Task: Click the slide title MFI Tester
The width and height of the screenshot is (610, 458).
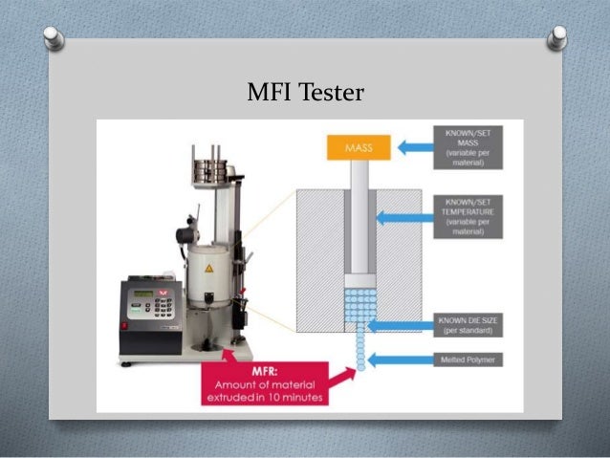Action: pyautogui.click(x=305, y=94)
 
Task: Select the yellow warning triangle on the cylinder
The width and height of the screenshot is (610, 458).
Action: pyautogui.click(x=209, y=271)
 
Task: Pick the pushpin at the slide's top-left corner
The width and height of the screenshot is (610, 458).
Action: pyautogui.click(x=55, y=38)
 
